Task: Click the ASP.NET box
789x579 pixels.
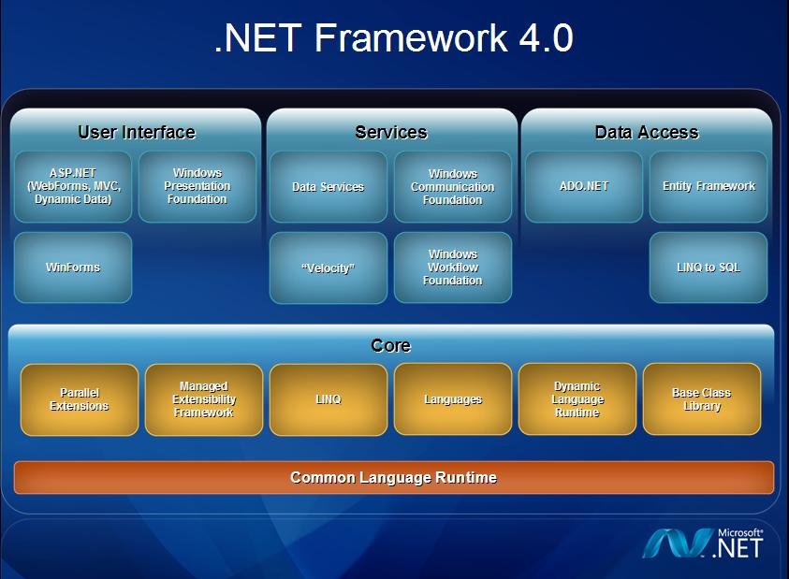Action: tap(73, 186)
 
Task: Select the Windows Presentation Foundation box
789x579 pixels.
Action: tap(197, 186)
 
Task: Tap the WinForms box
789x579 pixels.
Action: tap(73, 268)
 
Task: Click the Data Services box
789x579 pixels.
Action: tap(328, 186)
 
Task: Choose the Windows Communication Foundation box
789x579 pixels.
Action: tap(452, 186)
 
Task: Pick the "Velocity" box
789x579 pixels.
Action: tap(328, 268)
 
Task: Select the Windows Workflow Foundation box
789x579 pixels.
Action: tap(452, 268)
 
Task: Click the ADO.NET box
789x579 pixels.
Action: tap(584, 186)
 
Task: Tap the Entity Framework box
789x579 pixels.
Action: tap(709, 186)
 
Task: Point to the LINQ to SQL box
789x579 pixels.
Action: tap(709, 268)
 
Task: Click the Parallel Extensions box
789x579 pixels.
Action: tap(80, 399)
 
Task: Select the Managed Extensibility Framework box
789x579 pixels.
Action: tap(204, 399)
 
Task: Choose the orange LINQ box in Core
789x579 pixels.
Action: tap(328, 399)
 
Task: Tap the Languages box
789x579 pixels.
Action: tap(452, 399)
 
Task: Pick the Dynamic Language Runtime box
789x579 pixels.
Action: tap(577, 399)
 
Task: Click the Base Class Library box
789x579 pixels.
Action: tap(701, 399)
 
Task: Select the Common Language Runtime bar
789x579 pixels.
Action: tap(393, 477)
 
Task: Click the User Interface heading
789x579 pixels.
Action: tap(136, 133)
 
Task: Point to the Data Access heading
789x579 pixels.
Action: tap(646, 133)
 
